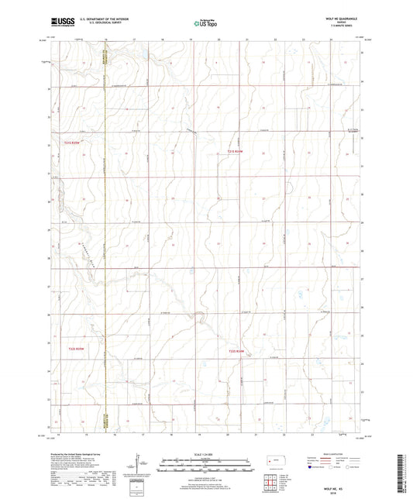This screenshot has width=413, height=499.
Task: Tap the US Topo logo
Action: (206, 23)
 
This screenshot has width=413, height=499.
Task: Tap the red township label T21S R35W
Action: (72, 142)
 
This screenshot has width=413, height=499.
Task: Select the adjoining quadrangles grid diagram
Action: (270, 484)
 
